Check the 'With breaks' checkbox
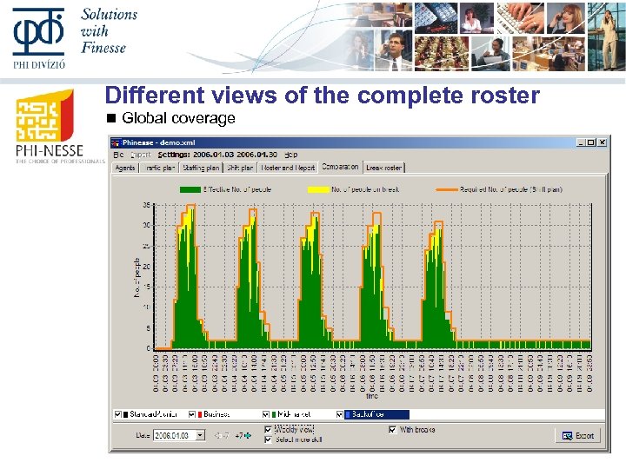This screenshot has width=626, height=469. [393, 429]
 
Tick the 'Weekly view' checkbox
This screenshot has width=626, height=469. [268, 429]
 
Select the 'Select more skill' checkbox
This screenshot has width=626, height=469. [268, 439]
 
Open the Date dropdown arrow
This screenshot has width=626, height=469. [200, 435]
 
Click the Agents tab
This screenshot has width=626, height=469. [125, 167]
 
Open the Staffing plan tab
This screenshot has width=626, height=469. [202, 167]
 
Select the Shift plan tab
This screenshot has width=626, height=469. [240, 167]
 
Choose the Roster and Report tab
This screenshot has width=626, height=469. [287, 167]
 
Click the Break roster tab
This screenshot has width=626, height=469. [383, 167]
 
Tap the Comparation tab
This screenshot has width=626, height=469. [339, 166]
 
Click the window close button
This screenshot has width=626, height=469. [601, 142]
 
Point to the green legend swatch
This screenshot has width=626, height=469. [190, 188]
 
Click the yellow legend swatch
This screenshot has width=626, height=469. [317, 188]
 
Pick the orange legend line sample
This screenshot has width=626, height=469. [445, 188]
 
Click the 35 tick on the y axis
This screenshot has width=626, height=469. [147, 205]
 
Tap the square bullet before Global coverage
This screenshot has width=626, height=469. [110, 118]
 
